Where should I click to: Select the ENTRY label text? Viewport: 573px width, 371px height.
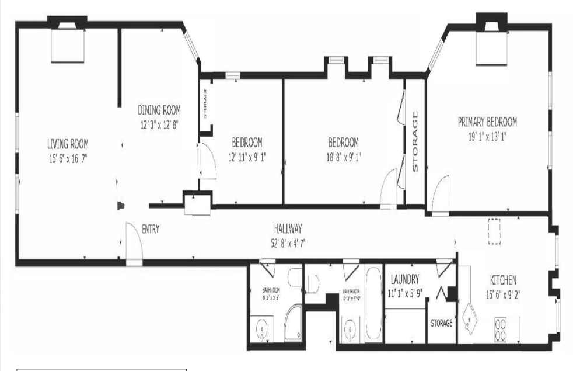(151, 230)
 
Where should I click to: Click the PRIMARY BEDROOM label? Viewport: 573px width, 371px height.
(487, 122)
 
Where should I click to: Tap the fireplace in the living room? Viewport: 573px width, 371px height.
(69, 45)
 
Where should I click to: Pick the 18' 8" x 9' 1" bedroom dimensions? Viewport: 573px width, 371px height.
(343, 156)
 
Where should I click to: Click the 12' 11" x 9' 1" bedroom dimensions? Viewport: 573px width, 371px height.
(247, 156)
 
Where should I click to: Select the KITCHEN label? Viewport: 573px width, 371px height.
(503, 280)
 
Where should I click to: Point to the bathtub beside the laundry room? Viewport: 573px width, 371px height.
(373, 311)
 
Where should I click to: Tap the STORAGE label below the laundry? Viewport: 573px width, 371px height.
(441, 323)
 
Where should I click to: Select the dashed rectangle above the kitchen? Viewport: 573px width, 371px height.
(494, 231)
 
